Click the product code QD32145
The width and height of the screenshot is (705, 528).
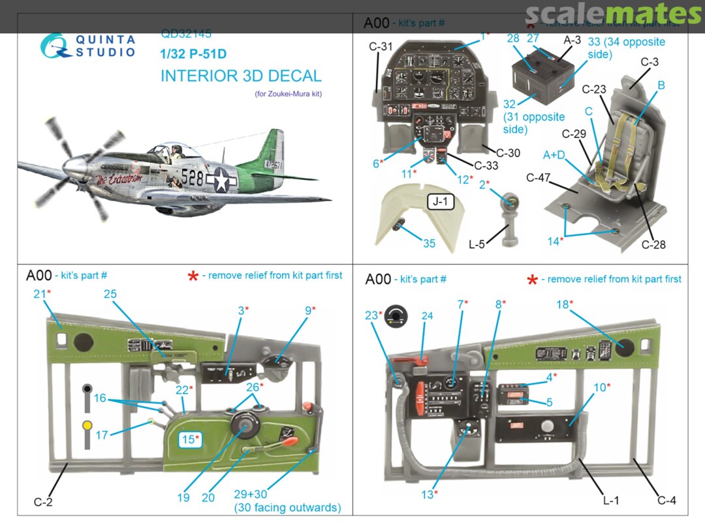point(186,34)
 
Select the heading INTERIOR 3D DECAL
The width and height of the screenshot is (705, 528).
point(241,76)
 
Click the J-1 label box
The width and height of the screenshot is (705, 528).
point(441,202)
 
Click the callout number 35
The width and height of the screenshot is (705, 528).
point(429,243)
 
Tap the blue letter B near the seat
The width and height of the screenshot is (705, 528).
point(661,85)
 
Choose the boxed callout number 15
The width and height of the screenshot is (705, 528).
point(190,439)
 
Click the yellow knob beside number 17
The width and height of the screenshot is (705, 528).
point(87,427)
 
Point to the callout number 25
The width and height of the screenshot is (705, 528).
point(110,294)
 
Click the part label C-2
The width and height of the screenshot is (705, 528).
point(42,502)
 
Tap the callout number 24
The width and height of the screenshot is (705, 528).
point(427,316)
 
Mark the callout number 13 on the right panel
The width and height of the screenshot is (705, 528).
point(427,495)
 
